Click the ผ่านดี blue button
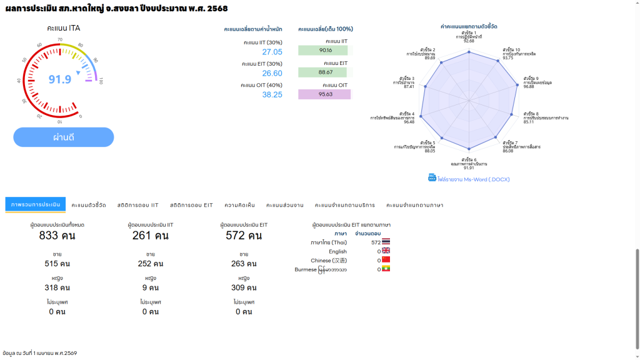[64, 137]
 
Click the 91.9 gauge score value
[60, 79]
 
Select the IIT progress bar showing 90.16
[323, 51]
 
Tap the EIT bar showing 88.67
[323, 72]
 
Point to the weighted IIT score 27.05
[272, 52]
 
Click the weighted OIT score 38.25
[272, 95]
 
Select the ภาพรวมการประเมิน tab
[36, 204]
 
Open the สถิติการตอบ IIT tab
[137, 205]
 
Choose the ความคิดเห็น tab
[239, 205]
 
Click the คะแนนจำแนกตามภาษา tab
[414, 205]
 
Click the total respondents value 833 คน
[57, 236]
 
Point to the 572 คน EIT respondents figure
[244, 236]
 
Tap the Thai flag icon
[386, 242]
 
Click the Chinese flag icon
[386, 260]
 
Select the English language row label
[337, 251]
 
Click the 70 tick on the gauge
[60, 39]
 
